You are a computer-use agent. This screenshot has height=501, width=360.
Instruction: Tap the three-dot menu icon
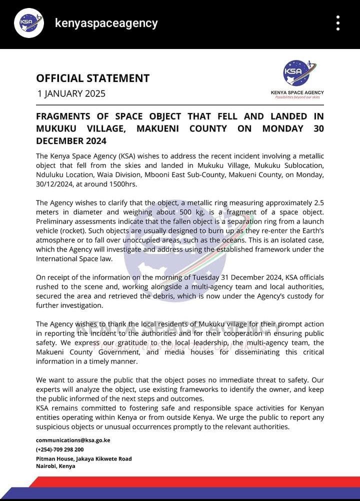pos(338,23)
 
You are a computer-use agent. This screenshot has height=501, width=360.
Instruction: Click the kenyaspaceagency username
pos(106,23)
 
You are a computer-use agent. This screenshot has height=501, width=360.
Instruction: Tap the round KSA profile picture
pos(28,23)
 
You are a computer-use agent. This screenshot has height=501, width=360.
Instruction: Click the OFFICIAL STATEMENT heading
pos(92,78)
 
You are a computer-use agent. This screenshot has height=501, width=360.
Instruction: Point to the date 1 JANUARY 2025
pos(71,93)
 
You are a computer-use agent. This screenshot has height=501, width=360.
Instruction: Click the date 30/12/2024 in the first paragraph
pos(57,184)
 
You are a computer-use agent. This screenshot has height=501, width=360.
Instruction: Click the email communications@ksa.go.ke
pos(73,440)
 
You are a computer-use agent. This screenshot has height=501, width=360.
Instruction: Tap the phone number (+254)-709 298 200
pos(60,449)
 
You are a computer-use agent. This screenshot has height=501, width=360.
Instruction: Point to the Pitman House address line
pos(84,458)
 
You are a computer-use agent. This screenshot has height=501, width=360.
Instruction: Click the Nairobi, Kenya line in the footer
pos(55,466)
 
